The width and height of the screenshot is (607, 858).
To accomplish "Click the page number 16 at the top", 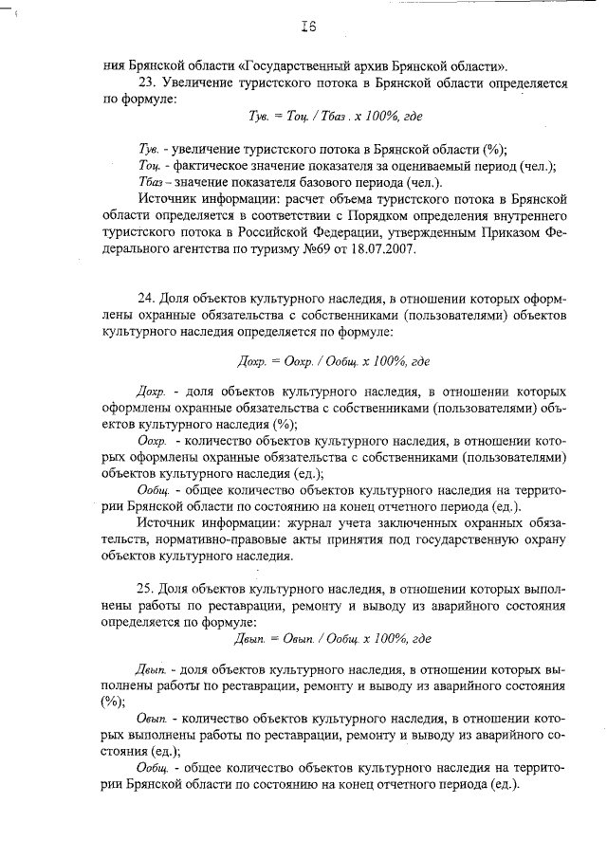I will click(x=305, y=27).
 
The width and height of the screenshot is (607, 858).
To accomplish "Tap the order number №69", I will click(x=322, y=250).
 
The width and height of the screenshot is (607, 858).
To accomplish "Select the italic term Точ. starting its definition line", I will click(x=152, y=166).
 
